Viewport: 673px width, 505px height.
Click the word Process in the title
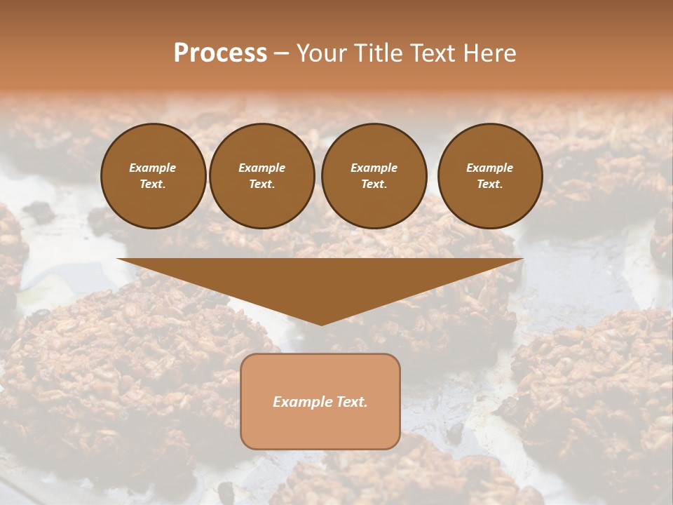click(x=220, y=53)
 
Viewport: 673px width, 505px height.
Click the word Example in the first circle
click(x=153, y=168)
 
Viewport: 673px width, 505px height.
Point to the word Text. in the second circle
click(x=261, y=184)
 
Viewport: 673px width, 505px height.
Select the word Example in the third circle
click(x=374, y=168)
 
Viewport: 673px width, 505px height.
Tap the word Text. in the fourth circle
click(x=489, y=184)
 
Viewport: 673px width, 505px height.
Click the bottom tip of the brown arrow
click(x=321, y=323)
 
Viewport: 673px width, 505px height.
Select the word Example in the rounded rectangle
click(x=300, y=402)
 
